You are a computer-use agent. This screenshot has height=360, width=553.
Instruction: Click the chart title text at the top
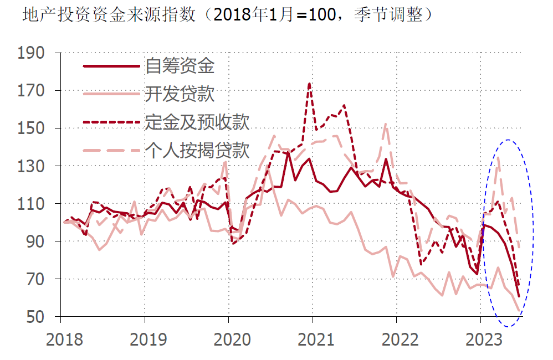pyautogui.click(x=227, y=15)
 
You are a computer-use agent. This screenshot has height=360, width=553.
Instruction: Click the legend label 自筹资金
pyautogui.click(x=180, y=66)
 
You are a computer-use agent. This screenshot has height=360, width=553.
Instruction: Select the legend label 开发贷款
pyautogui.click(x=180, y=94)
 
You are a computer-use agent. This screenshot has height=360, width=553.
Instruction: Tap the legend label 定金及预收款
pyautogui.click(x=197, y=122)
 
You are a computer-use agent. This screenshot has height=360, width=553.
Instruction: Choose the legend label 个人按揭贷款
pyautogui.click(x=197, y=150)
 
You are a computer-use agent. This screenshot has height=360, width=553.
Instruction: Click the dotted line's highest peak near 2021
pyautogui.click(x=309, y=84)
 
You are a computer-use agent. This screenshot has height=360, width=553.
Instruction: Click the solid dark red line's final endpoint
pyautogui.click(x=519, y=297)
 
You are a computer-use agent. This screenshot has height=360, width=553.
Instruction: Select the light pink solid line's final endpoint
pyautogui.click(x=519, y=311)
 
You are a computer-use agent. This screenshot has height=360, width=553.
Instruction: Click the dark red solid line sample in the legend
pyautogui.click(x=111, y=66)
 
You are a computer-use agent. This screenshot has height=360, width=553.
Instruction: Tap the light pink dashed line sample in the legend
pyautogui.click(x=111, y=150)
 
